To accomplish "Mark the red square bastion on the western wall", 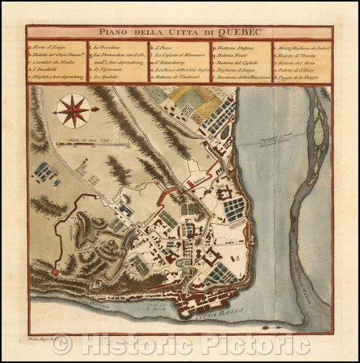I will tap(53, 271).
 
